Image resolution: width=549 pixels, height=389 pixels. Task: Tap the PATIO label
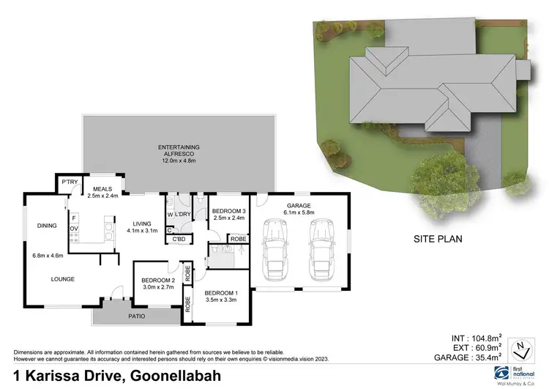135,316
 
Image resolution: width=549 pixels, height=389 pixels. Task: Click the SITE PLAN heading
438,239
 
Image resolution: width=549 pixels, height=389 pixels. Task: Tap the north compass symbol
520,348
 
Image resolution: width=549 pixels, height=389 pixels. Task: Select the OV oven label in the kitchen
74,229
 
